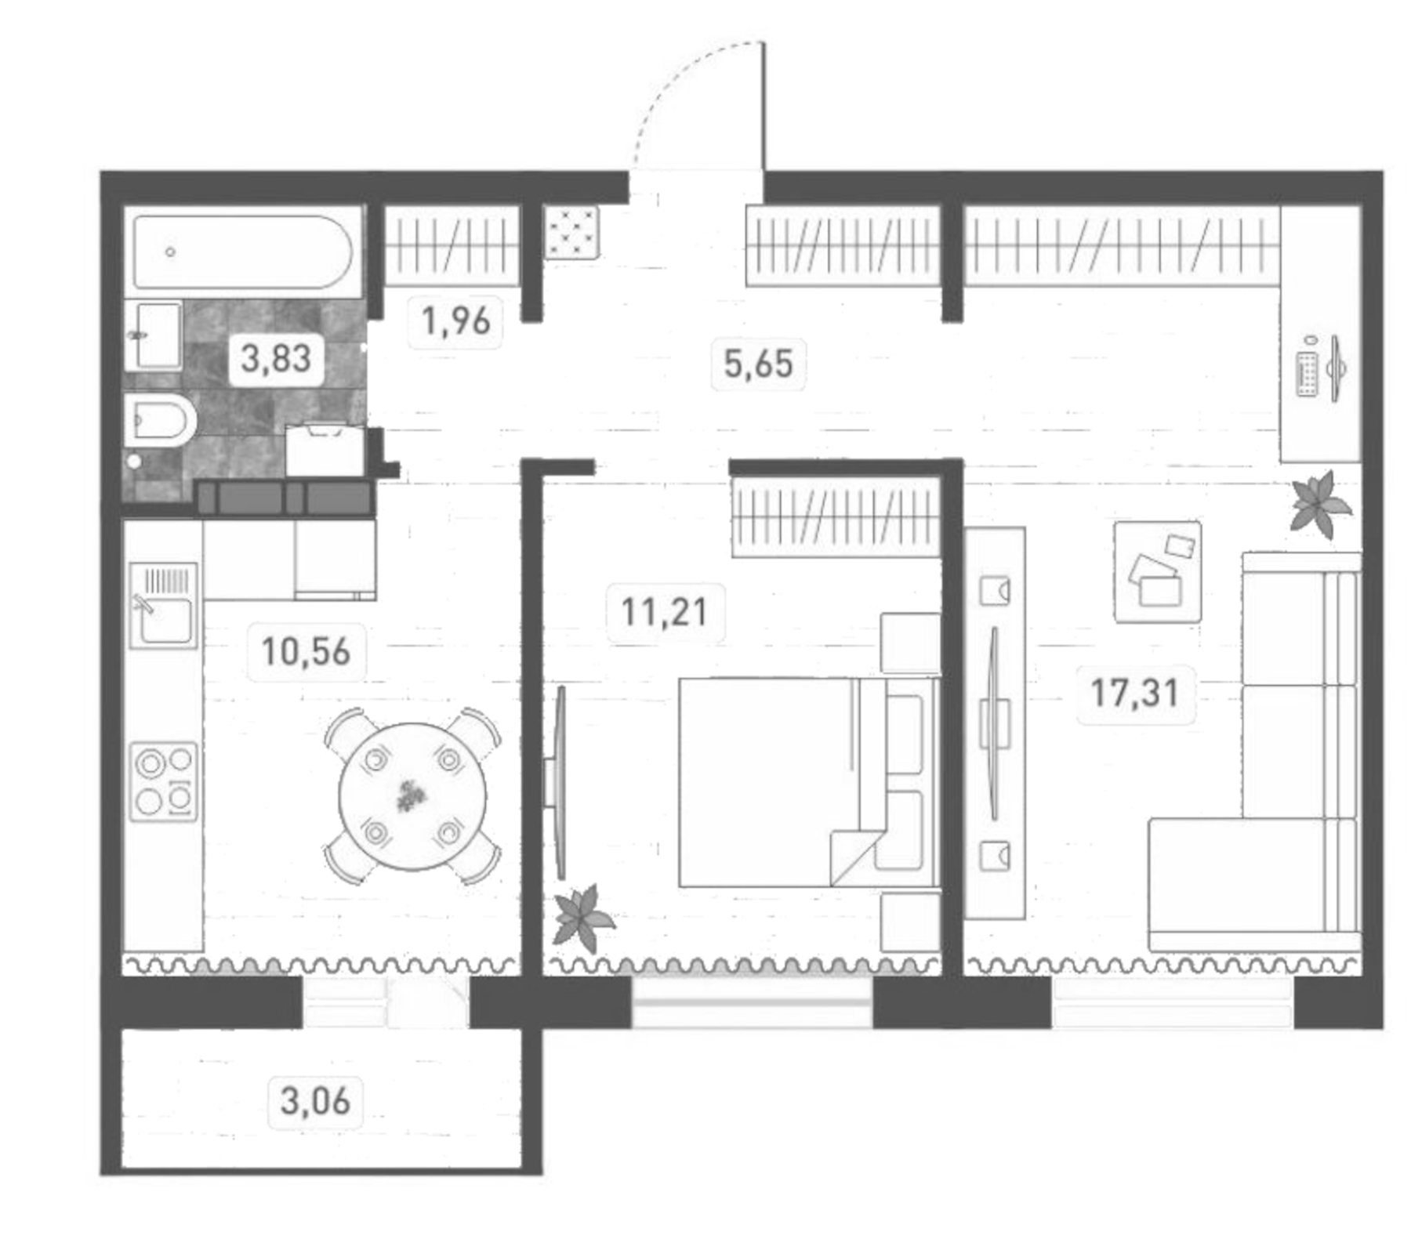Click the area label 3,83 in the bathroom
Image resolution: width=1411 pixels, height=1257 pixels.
click(275, 359)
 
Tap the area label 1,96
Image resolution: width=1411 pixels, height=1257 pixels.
click(455, 321)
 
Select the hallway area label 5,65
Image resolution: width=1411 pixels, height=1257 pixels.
click(757, 364)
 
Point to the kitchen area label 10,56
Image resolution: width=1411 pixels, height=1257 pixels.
click(305, 652)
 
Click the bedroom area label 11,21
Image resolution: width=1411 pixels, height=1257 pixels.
click(664, 613)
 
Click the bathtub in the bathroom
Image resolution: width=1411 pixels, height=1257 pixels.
click(243, 252)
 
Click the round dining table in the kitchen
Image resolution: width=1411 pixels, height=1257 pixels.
click(412, 796)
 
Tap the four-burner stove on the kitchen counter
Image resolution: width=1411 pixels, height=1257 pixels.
click(163, 781)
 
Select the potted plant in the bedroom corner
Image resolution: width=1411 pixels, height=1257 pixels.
click(582, 918)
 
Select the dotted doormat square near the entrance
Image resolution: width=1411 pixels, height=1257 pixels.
click(572, 232)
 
